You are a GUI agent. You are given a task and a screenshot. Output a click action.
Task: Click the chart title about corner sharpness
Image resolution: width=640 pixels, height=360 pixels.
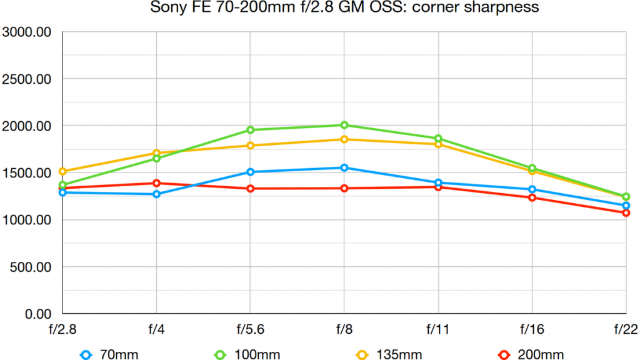[344, 8]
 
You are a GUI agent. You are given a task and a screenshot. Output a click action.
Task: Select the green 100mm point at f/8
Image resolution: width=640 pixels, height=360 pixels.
[344, 125]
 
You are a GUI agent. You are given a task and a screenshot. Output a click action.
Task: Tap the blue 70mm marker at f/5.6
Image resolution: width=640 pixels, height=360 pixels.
[250, 172]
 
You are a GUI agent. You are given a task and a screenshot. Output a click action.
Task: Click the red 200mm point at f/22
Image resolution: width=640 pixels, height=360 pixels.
[626, 212]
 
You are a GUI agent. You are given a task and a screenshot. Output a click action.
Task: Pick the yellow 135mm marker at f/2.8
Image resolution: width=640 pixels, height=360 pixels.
[62, 171]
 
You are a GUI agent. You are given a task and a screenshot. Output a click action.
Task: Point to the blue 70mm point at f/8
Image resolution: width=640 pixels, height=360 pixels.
[344, 167]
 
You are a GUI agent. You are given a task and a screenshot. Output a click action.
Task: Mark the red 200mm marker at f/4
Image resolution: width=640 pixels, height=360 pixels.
[156, 183]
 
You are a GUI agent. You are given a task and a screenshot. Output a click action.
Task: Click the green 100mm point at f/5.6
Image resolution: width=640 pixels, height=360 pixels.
[250, 130]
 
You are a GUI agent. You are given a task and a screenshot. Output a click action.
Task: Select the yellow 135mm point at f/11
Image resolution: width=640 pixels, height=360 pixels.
[438, 144]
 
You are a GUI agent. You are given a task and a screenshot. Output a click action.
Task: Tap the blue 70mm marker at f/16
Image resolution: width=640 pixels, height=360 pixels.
[532, 189]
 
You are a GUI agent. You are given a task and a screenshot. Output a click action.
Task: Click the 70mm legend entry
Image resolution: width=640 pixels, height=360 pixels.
[109, 354]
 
